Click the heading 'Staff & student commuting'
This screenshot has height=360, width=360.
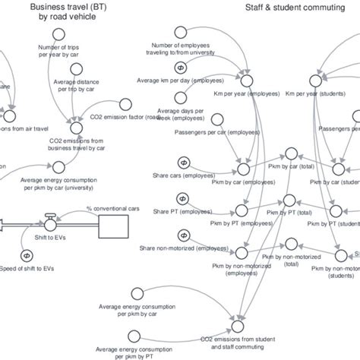click(287, 7)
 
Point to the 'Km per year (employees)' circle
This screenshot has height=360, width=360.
click(245, 80)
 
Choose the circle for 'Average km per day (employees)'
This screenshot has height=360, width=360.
click(181, 66)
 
